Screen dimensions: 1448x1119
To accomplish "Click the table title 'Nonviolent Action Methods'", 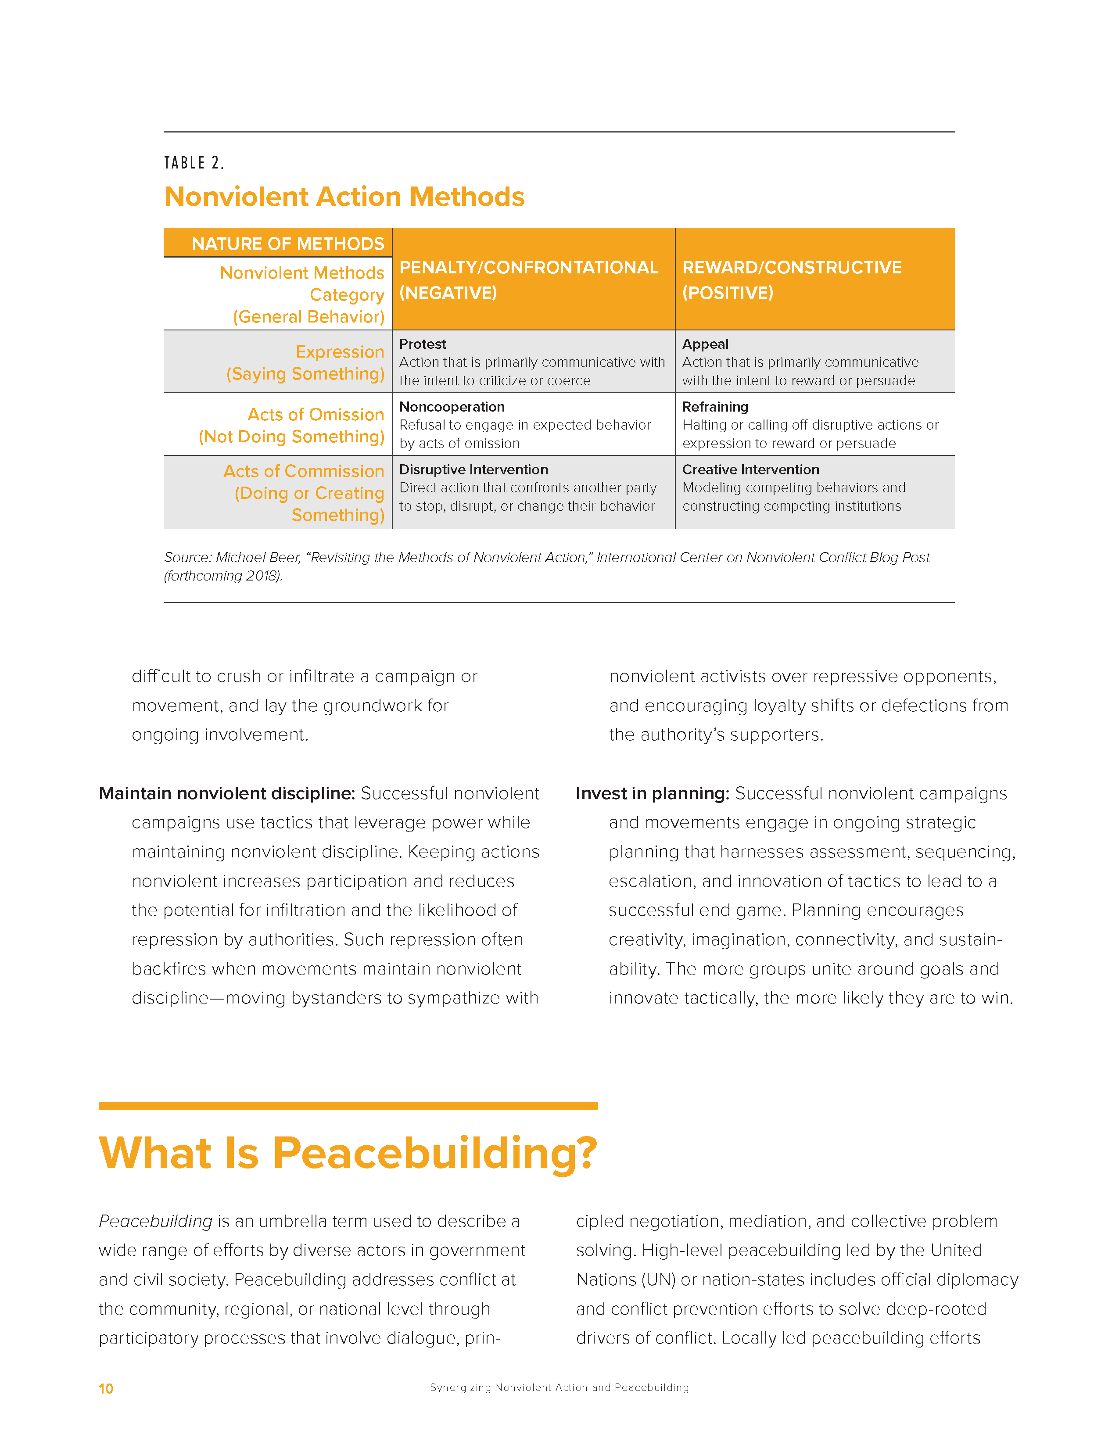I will [344, 197].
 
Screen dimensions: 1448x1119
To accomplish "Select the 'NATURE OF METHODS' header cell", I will [288, 244].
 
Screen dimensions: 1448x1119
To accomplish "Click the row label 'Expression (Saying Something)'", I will [305, 363].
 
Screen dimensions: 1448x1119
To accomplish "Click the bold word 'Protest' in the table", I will [422, 344].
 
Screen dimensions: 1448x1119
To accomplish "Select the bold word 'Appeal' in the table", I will [705, 344].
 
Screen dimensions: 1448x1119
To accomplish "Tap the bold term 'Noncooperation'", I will [452, 406].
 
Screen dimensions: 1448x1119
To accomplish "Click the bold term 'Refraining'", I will [714, 406].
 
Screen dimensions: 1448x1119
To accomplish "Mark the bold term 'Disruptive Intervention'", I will [473, 470].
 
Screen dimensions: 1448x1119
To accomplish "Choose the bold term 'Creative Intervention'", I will [750, 470].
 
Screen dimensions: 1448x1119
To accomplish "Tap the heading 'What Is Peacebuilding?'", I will [348, 1153].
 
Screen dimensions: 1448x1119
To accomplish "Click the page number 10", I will [106, 1388].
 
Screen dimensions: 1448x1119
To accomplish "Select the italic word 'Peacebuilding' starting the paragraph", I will [155, 1221].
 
